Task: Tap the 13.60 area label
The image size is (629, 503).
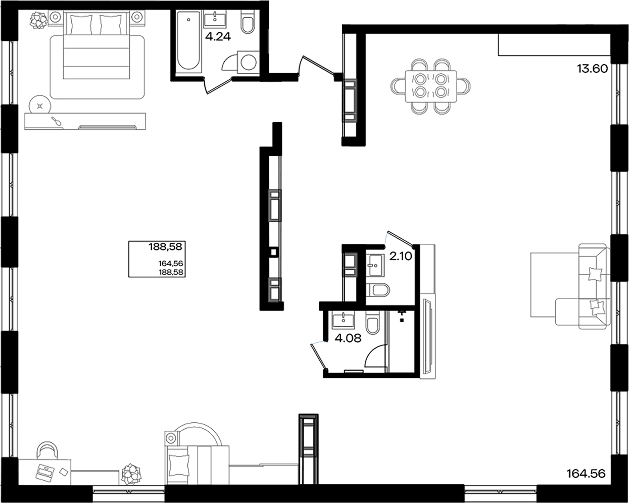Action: click(592, 69)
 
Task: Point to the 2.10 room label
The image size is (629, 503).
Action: click(401, 256)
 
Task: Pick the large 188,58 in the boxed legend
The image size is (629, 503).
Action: click(165, 247)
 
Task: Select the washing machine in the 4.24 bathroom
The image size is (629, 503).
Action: click(248, 62)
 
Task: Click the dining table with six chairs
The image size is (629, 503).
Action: click(431, 85)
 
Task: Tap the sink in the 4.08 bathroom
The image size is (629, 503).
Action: click(344, 319)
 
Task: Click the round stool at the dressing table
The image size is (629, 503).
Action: click(39, 106)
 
